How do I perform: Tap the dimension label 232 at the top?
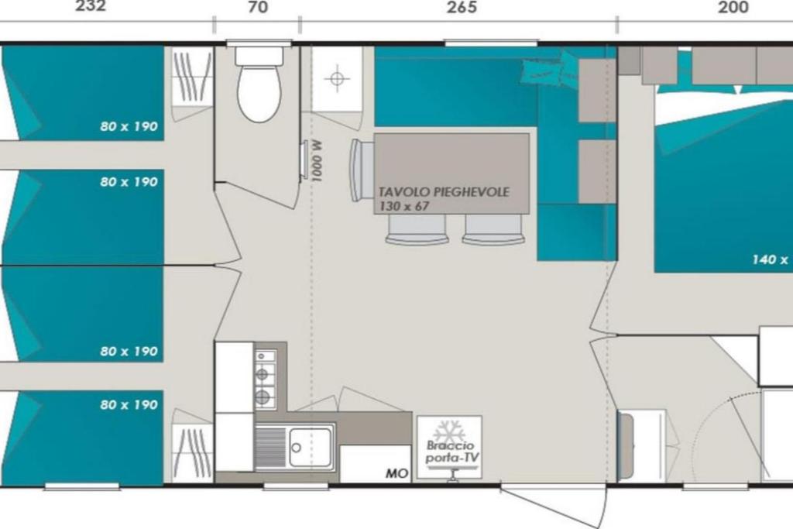[x=91, y=6]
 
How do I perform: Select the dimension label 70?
[x=259, y=8]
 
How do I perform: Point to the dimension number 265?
[x=462, y=8]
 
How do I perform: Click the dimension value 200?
[x=733, y=8]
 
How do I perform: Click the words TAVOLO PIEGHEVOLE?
[x=444, y=192]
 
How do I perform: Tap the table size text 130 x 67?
[x=404, y=206]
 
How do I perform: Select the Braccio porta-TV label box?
[x=450, y=448]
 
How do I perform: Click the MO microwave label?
[x=397, y=473]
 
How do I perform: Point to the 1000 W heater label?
[x=317, y=161]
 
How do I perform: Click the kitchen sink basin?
[x=310, y=447]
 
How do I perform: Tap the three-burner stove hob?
[x=265, y=379]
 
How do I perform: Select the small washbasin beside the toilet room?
[x=337, y=79]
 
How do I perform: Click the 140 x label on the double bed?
[x=770, y=260]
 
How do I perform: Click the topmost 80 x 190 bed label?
[x=129, y=126]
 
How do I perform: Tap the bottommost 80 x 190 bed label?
[x=129, y=404]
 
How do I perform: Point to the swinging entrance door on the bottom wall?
[x=553, y=506]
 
